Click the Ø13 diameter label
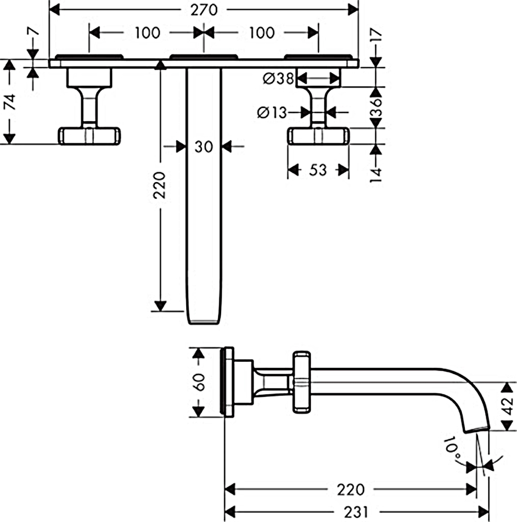pos(273,113)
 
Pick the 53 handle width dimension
pos(318,170)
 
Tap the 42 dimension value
pos(508,407)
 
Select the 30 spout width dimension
pos(204,147)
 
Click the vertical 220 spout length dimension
pos(160,185)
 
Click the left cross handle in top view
pos(89,136)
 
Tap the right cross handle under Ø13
pos(319,136)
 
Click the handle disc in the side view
pos(302,382)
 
